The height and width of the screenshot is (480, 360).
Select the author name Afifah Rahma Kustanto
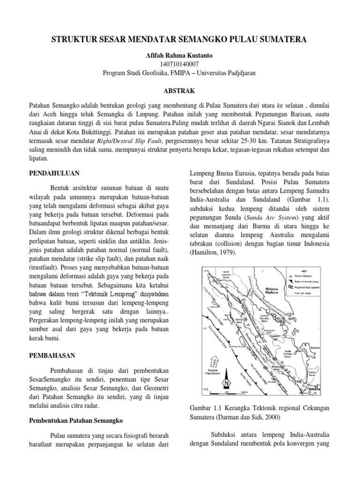coord(180,55)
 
